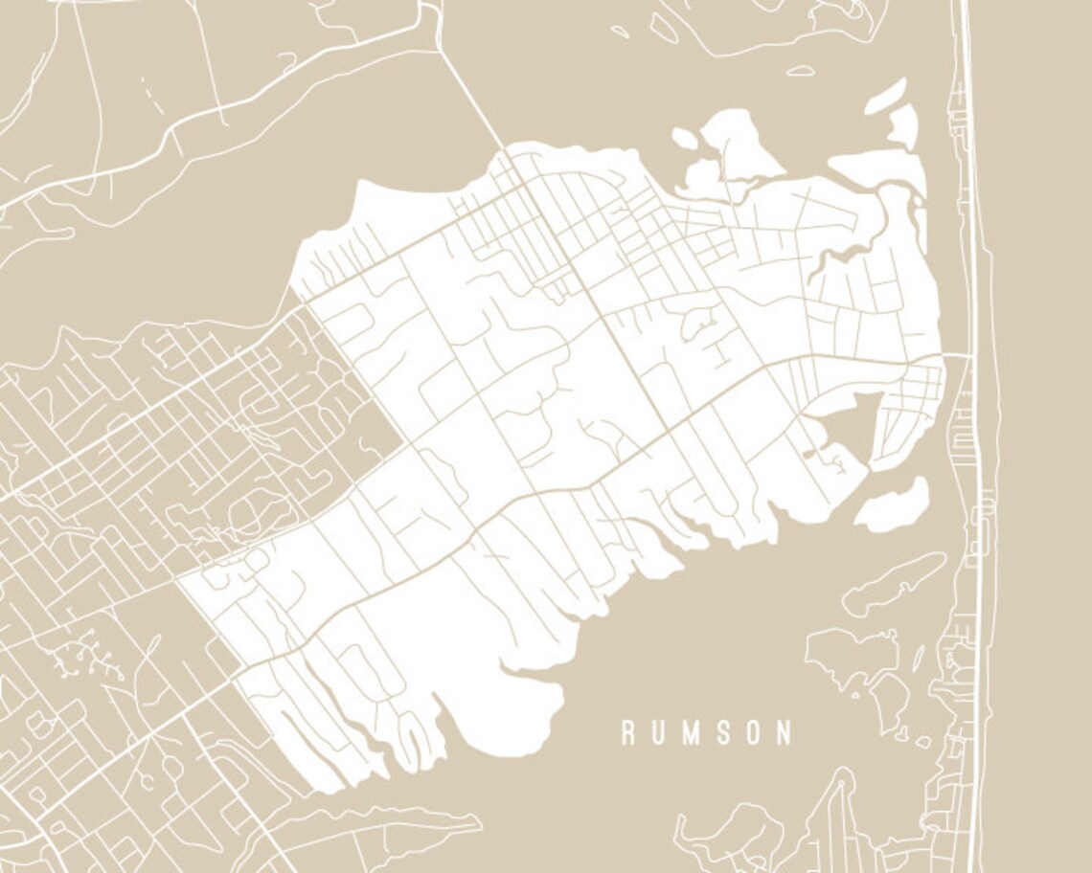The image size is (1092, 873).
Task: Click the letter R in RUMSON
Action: pyautogui.click(x=628, y=734)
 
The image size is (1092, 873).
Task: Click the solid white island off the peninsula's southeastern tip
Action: pyautogui.click(x=892, y=505)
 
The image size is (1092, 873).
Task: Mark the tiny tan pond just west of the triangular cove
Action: pyautogui.click(x=810, y=454)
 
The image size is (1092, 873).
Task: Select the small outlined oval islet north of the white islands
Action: pyautogui.click(x=800, y=70)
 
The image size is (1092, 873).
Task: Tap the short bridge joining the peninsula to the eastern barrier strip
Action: pyautogui.click(x=956, y=356)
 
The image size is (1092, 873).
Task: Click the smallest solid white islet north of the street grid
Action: pyautogui.click(x=684, y=138)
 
